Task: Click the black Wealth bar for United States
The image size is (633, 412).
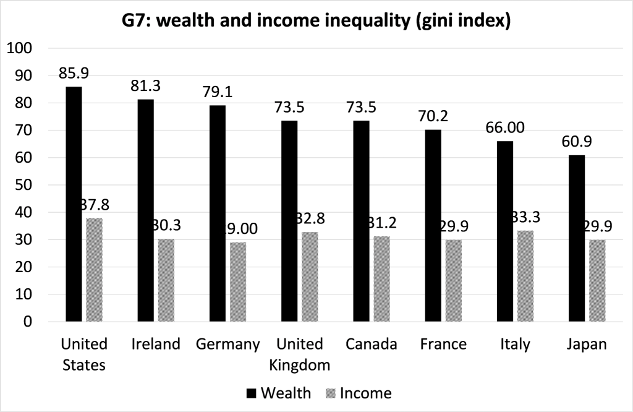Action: [73, 204]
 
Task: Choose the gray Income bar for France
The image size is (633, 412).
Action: [454, 281]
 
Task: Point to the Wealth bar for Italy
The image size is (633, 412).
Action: [504, 231]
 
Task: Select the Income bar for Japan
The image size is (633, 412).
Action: [597, 281]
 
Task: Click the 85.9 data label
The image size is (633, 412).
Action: [74, 73]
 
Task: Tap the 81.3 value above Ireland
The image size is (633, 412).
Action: [145, 86]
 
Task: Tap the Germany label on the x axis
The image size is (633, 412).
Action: [227, 345]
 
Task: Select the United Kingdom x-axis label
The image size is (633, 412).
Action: [299, 354]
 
